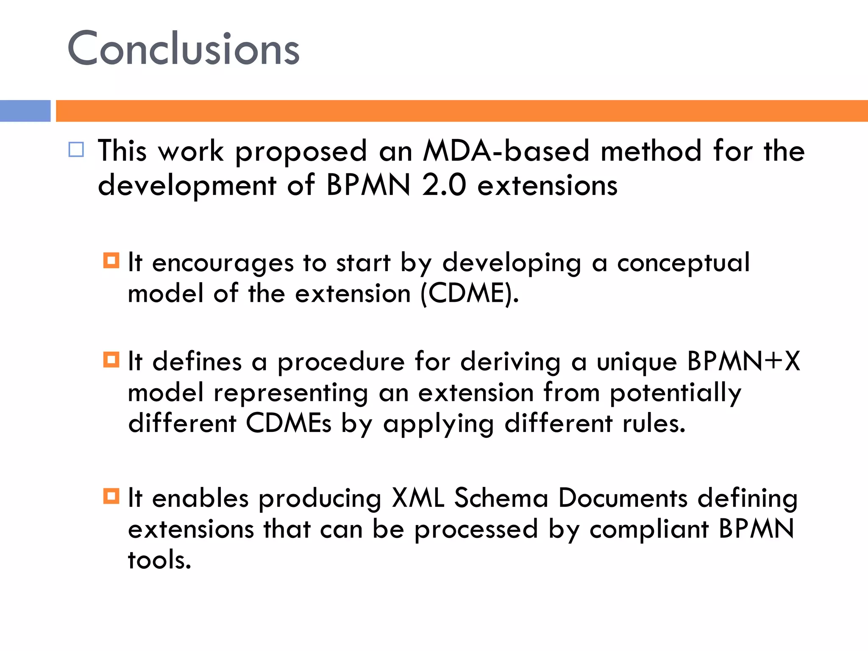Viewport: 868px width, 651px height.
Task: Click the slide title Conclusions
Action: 184,49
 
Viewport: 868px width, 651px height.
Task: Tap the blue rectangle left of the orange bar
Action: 25,111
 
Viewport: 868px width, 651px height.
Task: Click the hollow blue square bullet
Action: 76,150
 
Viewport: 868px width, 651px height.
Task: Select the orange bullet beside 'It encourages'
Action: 111,260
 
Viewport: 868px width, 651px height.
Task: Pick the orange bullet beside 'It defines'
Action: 111,360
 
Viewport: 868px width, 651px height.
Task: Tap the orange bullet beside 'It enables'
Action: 111,496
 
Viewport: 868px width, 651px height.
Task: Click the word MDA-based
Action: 506,151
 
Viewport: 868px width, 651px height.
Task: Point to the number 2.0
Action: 444,185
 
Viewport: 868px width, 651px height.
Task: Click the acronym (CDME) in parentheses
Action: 469,293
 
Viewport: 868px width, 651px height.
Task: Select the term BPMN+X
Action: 743,362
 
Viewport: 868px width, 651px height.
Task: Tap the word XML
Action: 418,498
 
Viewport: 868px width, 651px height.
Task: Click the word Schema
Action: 501,498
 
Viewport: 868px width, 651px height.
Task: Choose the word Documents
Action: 623,498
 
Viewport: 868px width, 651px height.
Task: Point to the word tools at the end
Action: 159,560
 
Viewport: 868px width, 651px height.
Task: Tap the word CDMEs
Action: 288,423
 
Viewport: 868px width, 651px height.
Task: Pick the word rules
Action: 654,423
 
